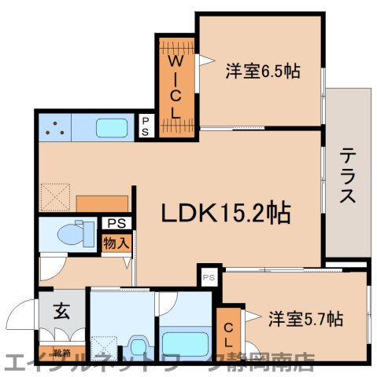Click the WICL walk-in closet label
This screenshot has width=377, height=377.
(176, 86)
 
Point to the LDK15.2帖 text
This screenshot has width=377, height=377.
(226, 212)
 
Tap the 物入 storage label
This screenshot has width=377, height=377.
(116, 242)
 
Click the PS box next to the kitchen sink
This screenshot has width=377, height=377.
(146, 126)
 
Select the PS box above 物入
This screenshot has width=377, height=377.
(116, 222)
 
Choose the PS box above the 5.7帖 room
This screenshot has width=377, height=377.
(209, 277)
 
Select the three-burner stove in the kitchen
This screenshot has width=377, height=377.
(53, 126)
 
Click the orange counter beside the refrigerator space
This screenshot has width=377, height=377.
(103, 203)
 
